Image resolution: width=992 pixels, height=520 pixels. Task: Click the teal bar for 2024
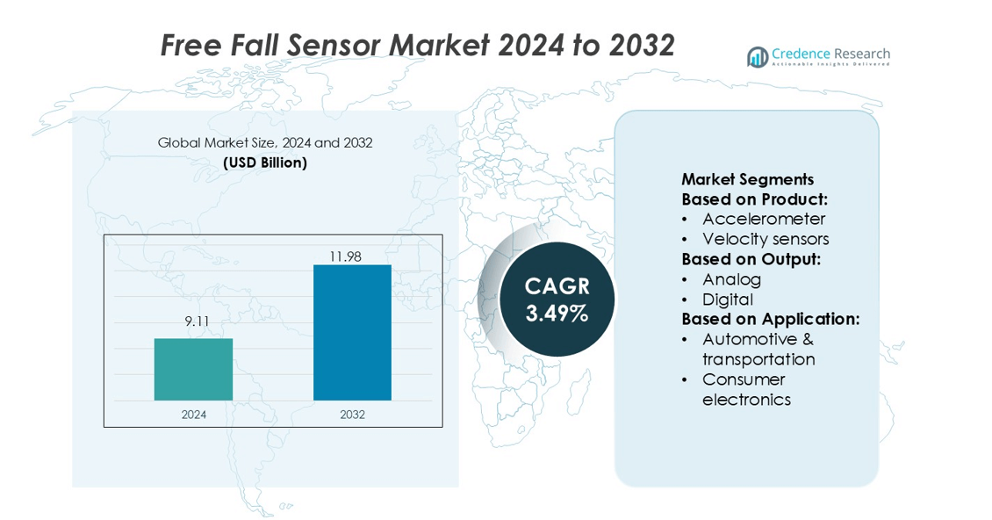pyautogui.click(x=193, y=369)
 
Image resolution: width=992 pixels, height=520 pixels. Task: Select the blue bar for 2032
pyautogui.click(x=352, y=332)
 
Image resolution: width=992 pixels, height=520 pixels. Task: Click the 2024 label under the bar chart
pyautogui.click(x=194, y=415)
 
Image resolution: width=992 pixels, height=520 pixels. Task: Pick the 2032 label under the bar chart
pyautogui.click(x=352, y=415)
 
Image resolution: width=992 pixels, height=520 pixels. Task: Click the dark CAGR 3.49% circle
pyautogui.click(x=557, y=299)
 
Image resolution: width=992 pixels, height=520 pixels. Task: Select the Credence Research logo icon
pyautogui.click(x=758, y=57)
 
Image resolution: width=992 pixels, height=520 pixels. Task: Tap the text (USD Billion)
pyautogui.click(x=265, y=162)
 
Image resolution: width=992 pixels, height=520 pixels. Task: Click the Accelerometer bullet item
pyautogui.click(x=764, y=219)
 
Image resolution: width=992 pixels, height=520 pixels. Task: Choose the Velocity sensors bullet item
pyautogui.click(x=766, y=239)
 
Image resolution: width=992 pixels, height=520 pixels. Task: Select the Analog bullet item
pyautogui.click(x=731, y=279)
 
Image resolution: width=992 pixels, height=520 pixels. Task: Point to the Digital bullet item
pyautogui.click(x=728, y=300)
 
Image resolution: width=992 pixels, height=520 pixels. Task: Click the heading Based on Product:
pyautogui.click(x=754, y=199)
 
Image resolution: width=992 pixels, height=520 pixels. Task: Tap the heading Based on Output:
pyautogui.click(x=751, y=259)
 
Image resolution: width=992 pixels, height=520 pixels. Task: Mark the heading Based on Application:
pyautogui.click(x=770, y=319)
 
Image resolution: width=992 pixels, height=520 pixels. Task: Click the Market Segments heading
pyautogui.click(x=747, y=179)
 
